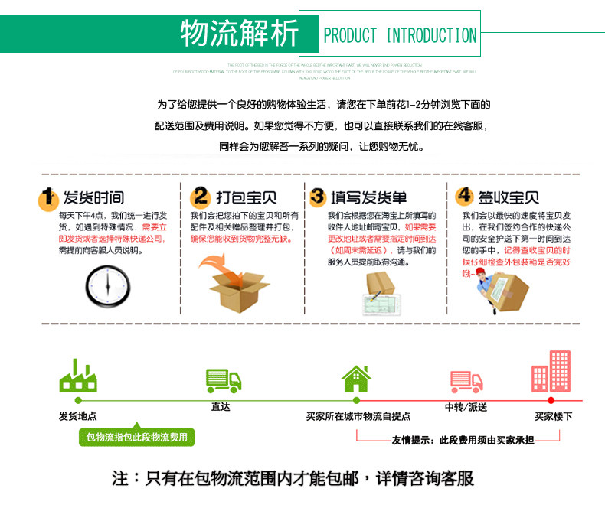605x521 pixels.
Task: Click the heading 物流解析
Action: (x=238, y=33)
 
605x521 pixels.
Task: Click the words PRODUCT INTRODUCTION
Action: (x=400, y=35)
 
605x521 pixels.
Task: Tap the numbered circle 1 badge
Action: (x=49, y=198)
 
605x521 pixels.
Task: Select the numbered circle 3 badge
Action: (x=318, y=197)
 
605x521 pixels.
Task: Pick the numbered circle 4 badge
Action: (x=464, y=197)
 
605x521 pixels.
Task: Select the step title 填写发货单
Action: (x=368, y=198)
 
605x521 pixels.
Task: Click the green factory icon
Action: (x=77, y=376)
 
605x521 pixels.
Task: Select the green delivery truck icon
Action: (x=223, y=379)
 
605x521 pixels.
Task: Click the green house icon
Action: (x=356, y=378)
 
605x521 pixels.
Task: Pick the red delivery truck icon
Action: (x=466, y=380)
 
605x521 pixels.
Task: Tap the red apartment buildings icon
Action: (x=551, y=372)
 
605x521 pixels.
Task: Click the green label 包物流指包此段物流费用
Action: (x=136, y=437)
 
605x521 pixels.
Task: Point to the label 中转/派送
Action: (x=466, y=407)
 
